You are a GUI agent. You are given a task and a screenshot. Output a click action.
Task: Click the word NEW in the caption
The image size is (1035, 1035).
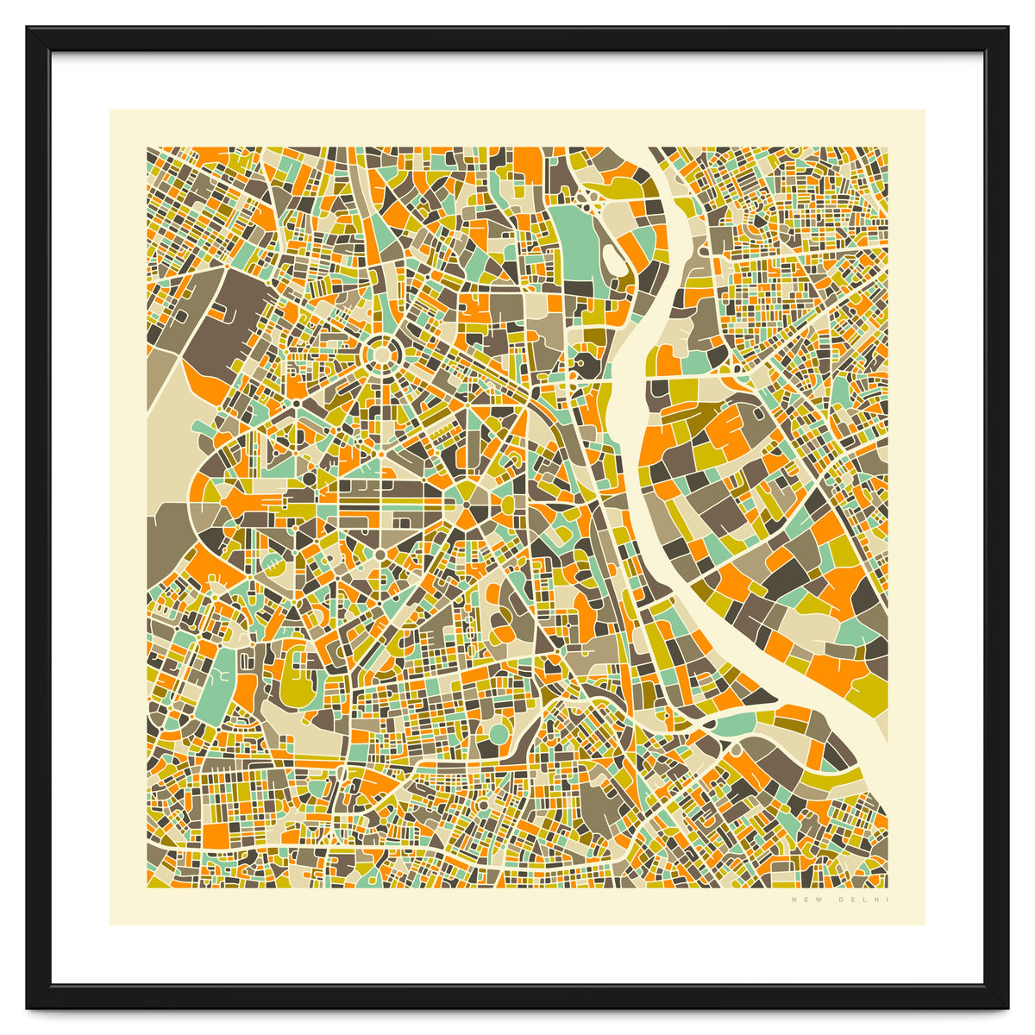pos(800,900)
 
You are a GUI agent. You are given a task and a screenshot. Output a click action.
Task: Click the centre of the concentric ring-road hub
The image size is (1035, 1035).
pos(379,354)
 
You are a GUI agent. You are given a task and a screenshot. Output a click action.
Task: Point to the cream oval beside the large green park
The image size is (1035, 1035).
pos(613,257)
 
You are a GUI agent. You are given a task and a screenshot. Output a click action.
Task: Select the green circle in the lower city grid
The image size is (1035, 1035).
pos(499,734)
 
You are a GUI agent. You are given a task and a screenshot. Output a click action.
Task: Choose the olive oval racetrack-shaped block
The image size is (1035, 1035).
pos(298,677)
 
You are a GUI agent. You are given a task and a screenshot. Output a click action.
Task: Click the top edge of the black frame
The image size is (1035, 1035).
pos(517,38)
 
